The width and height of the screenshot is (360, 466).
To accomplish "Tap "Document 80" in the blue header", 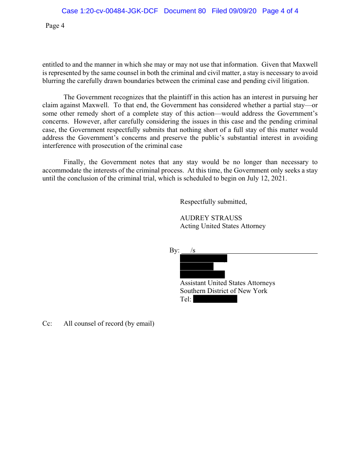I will pyautogui.click(x=184, y=11).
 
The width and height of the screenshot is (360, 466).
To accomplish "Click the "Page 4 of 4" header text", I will pyautogui.click(x=280, y=11).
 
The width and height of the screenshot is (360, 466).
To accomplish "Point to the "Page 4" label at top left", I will pyautogui.click(x=55, y=26).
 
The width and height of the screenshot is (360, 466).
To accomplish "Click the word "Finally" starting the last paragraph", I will pyautogui.click(x=74, y=162).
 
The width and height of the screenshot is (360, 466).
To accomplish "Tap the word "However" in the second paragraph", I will pyautogui.click(x=87, y=121).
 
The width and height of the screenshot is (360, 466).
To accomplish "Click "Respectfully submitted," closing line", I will pyautogui.click(x=214, y=202).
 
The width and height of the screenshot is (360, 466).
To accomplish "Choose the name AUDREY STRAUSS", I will pyautogui.click(x=211, y=218).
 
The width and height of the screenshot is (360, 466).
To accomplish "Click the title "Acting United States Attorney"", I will pyautogui.click(x=223, y=226).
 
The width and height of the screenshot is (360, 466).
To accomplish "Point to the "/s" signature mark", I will pyautogui.click(x=193, y=251).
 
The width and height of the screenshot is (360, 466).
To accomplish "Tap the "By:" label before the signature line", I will pyautogui.click(x=174, y=251).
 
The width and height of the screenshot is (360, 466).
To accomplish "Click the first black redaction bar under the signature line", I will pyautogui.click(x=203, y=258).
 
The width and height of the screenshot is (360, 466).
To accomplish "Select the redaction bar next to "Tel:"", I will pyautogui.click(x=215, y=299).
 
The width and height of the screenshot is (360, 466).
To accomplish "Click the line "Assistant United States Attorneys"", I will pyautogui.click(x=227, y=283).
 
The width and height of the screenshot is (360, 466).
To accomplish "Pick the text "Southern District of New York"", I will pyautogui.click(x=223, y=291).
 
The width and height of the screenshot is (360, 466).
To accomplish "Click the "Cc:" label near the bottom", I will pyautogui.click(x=47, y=323).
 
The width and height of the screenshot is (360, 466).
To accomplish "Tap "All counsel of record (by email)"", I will pyautogui.click(x=109, y=323).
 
